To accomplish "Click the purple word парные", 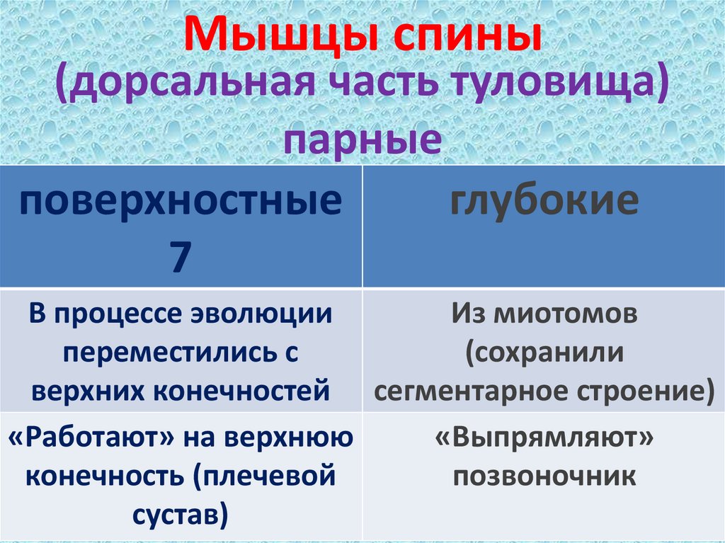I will (362, 139).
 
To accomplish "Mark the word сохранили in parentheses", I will (547, 351).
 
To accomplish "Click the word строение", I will (648, 389).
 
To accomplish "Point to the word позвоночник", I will (544, 476).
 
